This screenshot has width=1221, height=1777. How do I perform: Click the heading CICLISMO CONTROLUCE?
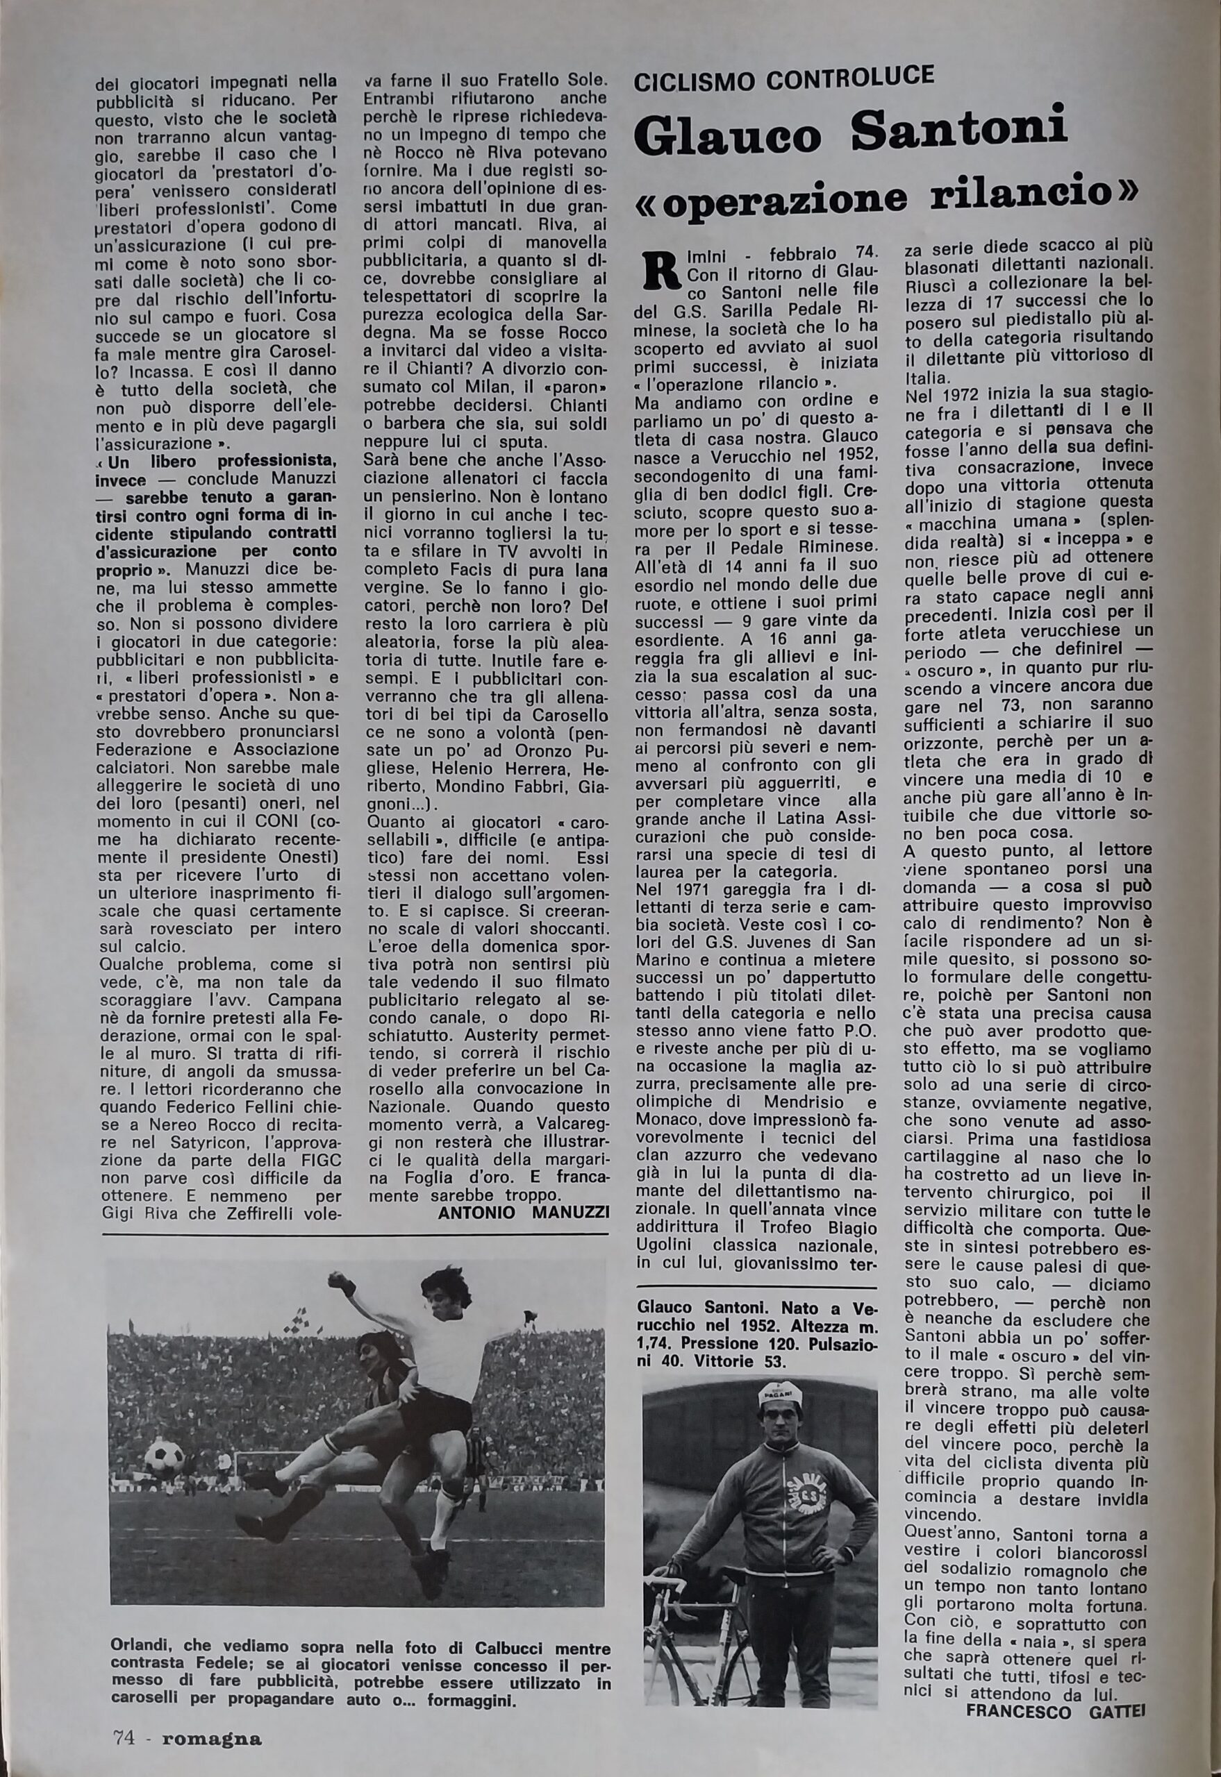[x=784, y=77]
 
